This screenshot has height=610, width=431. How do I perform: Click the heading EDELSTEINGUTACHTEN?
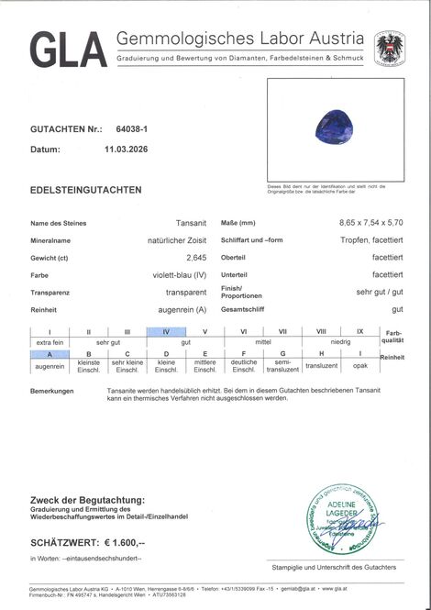pos(86,190)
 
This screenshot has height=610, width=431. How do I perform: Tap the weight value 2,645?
pos(195,257)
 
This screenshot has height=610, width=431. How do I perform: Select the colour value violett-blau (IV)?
pos(179,274)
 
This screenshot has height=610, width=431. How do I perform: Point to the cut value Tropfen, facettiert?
pos(366,240)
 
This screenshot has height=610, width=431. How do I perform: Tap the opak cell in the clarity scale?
pos(360,364)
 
